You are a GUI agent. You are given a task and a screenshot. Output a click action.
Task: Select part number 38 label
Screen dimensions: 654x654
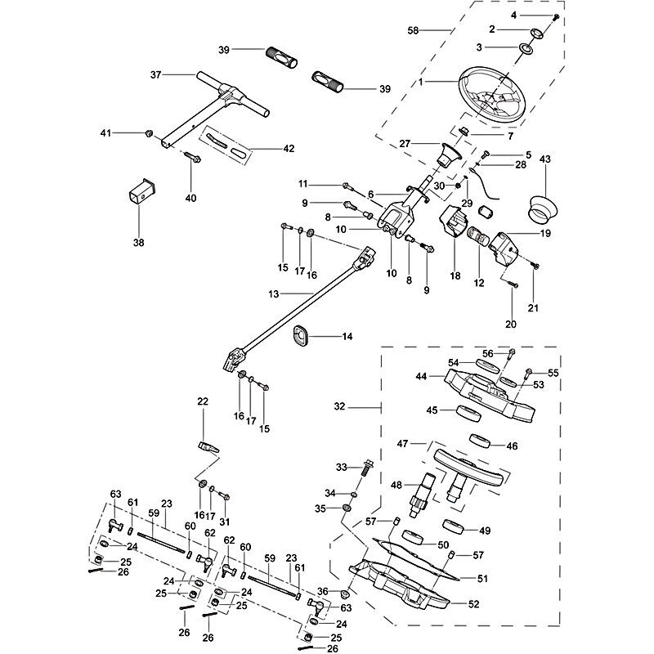137,242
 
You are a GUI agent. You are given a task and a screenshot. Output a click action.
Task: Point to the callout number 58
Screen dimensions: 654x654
414,30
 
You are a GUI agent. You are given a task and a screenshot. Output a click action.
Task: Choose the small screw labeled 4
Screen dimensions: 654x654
556,17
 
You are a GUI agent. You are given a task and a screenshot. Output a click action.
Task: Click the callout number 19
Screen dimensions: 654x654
544,233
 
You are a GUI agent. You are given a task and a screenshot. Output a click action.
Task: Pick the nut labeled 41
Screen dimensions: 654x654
149,132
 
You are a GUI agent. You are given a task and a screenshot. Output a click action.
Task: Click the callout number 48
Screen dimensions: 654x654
396,485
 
